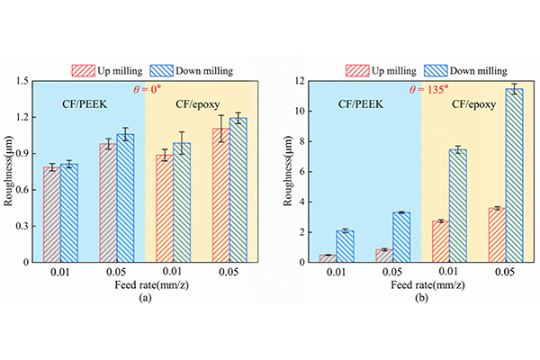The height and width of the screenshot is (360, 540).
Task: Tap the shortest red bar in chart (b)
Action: (328, 258)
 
